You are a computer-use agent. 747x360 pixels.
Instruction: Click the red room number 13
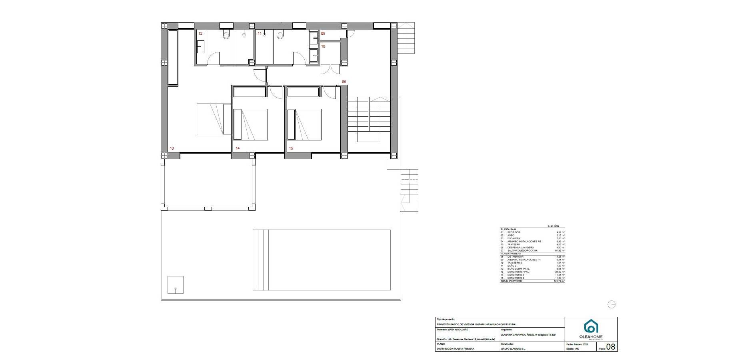[x=172, y=148]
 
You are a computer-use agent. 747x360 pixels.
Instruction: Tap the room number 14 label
[x=238, y=148]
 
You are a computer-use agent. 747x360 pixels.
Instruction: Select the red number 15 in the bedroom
[x=291, y=148]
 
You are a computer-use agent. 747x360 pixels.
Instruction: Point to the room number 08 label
[x=344, y=82]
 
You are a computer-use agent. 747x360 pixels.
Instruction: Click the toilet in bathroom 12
[x=227, y=35]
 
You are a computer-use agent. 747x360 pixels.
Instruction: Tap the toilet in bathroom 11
[x=280, y=35]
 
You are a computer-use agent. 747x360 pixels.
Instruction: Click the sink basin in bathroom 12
[x=200, y=47]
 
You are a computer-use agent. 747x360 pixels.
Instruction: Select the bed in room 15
[x=304, y=124]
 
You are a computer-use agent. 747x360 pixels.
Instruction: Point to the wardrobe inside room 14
[x=250, y=92]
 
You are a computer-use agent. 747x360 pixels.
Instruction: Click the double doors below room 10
[x=330, y=70]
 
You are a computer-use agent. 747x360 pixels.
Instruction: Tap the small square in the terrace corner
[x=176, y=285]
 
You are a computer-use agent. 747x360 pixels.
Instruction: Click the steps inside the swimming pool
[x=260, y=260]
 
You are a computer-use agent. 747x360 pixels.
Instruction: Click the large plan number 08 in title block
[x=611, y=347]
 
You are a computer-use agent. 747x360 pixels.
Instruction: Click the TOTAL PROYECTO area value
[x=559, y=281]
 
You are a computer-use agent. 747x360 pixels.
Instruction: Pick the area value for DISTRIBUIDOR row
[x=560, y=257]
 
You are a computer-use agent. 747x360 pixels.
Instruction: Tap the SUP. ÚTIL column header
[x=556, y=226]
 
